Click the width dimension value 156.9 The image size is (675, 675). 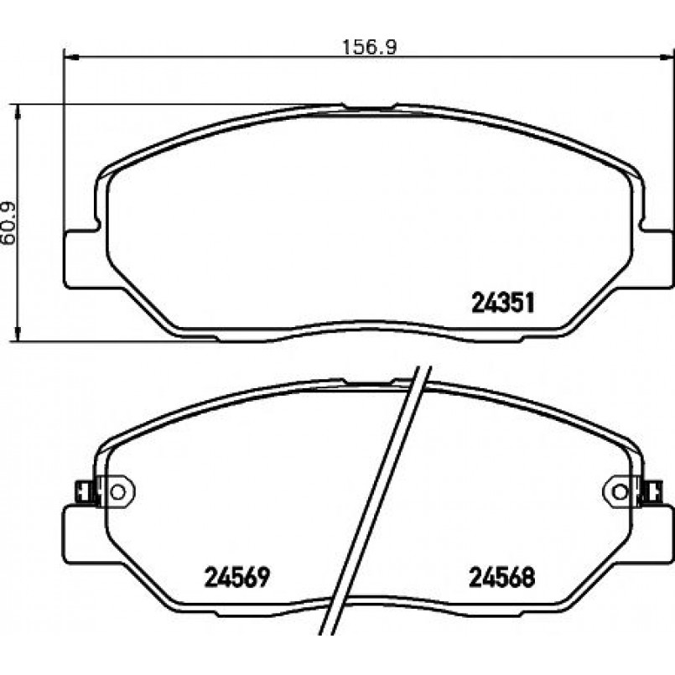point(369,47)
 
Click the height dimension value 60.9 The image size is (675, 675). point(8,223)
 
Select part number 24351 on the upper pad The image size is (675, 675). point(503,302)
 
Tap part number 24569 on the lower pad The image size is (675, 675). point(237,577)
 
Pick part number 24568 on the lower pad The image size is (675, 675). point(502,577)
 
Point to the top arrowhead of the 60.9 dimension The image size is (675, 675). point(18,112)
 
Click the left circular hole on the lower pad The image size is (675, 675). point(117,491)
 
